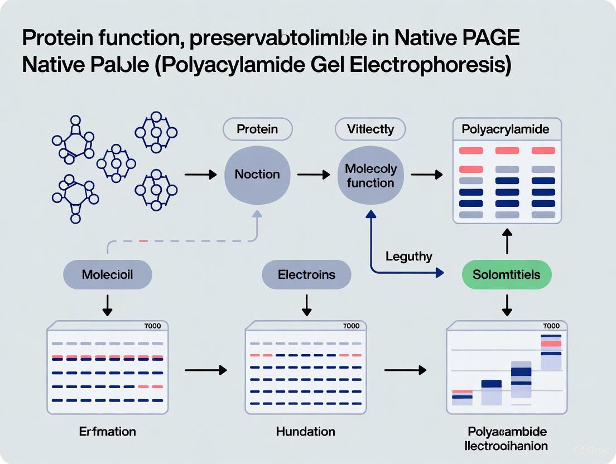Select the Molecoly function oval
point(370,175)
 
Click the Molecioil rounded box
point(108,274)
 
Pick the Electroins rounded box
point(306,274)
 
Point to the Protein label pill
point(257,129)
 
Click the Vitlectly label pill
point(370,129)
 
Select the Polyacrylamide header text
point(506,129)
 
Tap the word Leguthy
point(409,256)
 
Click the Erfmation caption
point(108,431)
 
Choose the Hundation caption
point(306,431)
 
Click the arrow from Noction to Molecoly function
point(314,175)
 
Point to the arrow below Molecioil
point(108,304)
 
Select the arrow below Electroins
point(306,304)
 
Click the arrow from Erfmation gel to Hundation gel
point(206,370)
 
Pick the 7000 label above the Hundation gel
point(352,326)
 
